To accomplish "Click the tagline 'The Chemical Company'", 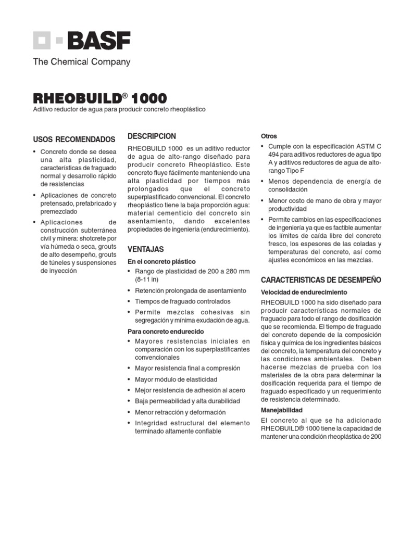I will click(82, 62).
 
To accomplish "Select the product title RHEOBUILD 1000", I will click(100, 98).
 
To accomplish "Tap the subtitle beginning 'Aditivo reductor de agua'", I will click(119, 109).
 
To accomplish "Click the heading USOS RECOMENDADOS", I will click(74, 139).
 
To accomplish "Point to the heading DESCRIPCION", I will click(152, 136).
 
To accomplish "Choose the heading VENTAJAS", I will click(146, 249).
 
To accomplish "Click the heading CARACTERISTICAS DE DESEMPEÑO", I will click(321, 280).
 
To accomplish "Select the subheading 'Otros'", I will click(269, 136).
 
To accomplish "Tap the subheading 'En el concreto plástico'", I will click(161, 261).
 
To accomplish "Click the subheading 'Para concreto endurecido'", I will click(166, 331).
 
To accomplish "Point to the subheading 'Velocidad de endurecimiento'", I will click(304, 292).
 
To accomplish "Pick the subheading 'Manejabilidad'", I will click(281, 410).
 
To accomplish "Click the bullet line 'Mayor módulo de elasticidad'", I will click(169, 379).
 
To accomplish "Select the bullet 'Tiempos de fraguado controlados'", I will click(182, 301).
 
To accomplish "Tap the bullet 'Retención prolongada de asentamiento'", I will click(191, 290).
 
